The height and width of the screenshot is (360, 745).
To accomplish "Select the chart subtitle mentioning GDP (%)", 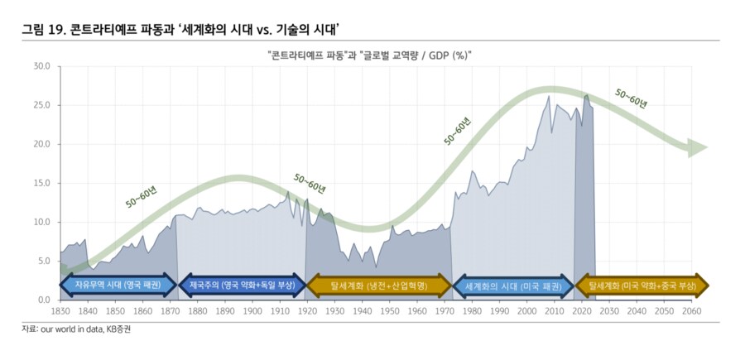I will click(x=371, y=55).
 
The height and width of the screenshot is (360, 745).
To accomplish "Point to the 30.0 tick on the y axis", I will click(x=42, y=66).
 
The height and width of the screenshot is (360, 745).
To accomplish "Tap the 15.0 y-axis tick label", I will click(x=42, y=183).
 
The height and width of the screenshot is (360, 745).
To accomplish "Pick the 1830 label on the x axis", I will click(x=60, y=311).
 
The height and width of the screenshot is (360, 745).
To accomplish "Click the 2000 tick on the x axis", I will click(x=526, y=311).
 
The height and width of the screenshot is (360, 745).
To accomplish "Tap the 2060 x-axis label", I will click(x=690, y=311).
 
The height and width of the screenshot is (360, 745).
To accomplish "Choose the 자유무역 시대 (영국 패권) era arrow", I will click(x=118, y=286).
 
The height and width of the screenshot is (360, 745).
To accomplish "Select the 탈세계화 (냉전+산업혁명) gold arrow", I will click(x=378, y=286).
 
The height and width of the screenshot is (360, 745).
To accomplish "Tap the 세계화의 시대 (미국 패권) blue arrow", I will click(x=513, y=286).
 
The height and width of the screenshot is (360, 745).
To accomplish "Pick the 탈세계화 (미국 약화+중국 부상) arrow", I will click(x=642, y=286).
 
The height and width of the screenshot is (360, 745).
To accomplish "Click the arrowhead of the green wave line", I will click(x=700, y=148).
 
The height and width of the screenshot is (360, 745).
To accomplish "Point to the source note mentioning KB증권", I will click(x=76, y=329).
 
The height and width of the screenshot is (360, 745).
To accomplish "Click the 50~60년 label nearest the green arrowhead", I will click(x=632, y=98).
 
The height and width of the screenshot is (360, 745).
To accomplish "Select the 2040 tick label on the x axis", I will click(x=636, y=311).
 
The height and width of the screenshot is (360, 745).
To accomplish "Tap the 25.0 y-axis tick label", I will click(x=42, y=105).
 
